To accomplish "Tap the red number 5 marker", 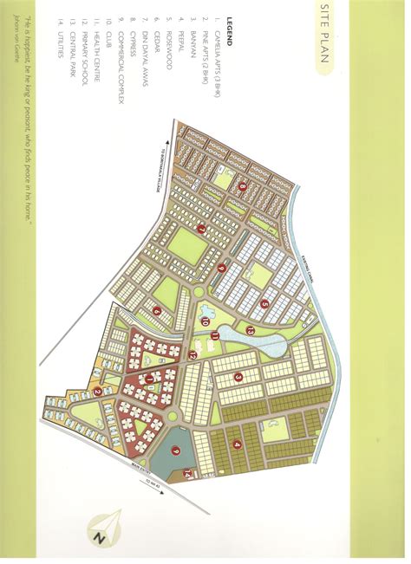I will click(264, 304).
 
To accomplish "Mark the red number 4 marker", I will click(237, 444).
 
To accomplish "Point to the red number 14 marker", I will click(186, 474).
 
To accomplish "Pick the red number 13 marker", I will click(249, 330).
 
